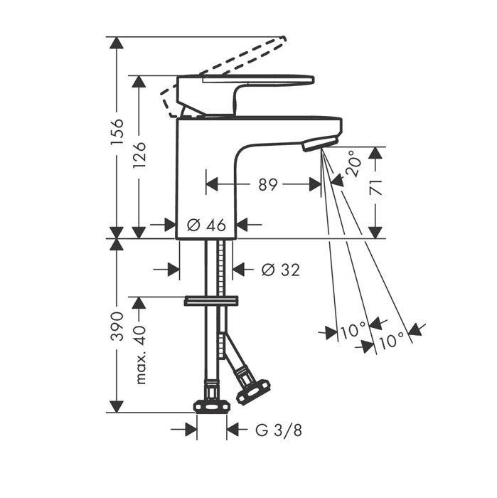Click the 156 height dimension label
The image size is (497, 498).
click(117, 132)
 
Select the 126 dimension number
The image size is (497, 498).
click(139, 155)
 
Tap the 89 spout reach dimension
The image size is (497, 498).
click(268, 184)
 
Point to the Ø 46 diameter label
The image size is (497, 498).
click(206, 226)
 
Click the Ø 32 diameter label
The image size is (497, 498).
click(281, 270)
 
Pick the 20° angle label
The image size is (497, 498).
click(353, 164)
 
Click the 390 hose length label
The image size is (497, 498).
click(117, 326)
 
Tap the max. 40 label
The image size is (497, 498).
click(140, 355)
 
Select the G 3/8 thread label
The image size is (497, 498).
click(279, 430)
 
